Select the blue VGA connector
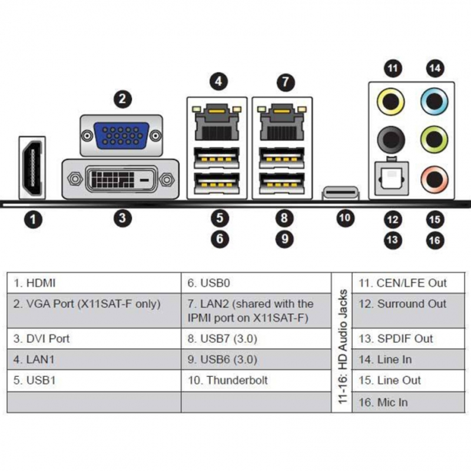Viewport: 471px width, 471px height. point(121,136)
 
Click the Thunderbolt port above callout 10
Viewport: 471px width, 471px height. point(340,193)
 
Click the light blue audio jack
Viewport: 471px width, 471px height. point(434,101)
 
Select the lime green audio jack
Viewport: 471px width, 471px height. point(434,140)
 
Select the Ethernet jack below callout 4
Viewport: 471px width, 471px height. point(217,121)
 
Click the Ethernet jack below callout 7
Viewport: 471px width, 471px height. point(282,121)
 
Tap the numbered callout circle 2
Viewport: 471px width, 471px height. point(122,98)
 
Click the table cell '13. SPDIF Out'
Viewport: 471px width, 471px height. point(404,339)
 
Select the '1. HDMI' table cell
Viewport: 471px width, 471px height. point(94,283)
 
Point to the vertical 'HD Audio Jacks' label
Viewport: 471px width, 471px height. point(342,341)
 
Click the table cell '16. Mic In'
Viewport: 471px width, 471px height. point(404,403)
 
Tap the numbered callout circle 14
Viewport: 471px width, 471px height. point(435,68)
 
